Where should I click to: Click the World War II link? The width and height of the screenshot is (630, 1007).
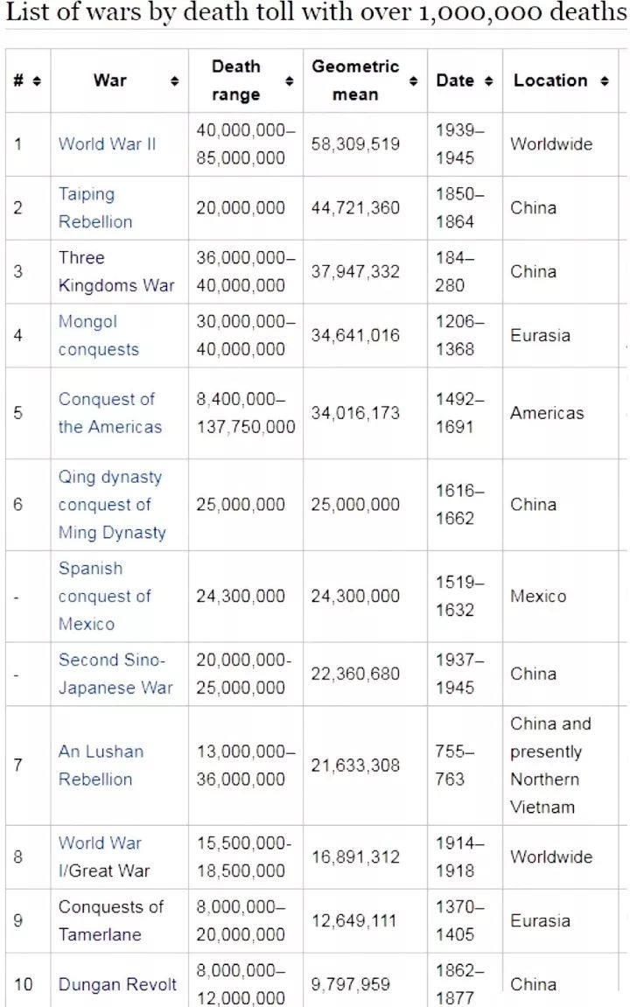107,144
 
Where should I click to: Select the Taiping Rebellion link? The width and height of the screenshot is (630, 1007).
95,208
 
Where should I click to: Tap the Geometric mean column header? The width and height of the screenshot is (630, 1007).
355,80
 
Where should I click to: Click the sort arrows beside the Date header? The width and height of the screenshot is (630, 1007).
488,81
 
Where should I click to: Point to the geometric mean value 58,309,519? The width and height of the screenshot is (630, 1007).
355,144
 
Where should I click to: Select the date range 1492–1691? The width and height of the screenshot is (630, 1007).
455,413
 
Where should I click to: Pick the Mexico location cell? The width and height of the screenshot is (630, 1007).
538,597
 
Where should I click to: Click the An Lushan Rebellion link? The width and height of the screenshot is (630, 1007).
101,766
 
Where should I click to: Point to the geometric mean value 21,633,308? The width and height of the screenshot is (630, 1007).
355,766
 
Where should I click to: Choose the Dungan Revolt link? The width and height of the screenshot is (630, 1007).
117,984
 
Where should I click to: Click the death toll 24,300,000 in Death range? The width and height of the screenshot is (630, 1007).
241,597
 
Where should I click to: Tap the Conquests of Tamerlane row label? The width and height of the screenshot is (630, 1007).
110,921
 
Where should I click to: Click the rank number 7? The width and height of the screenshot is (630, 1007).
17,766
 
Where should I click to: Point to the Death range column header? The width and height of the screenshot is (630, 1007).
235,80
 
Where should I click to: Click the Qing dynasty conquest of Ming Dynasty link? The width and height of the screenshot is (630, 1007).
111,505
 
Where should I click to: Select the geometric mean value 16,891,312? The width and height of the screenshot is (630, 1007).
355,857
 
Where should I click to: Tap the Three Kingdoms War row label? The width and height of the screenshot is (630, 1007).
115,272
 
